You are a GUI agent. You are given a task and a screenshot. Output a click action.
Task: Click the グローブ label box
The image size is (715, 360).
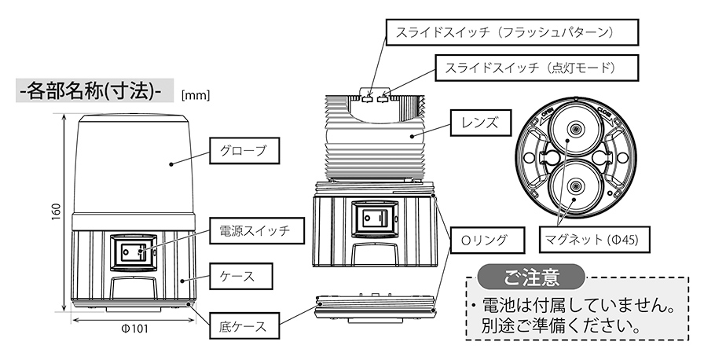pos(244,149)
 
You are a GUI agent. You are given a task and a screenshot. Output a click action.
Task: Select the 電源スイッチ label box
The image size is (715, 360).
pos(251,231)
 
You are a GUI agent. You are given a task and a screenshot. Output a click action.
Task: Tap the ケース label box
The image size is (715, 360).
pos(243,276)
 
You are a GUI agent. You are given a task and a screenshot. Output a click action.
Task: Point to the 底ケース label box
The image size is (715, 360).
pos(244,325)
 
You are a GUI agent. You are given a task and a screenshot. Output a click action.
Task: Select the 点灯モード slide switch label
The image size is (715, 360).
pos(526,68)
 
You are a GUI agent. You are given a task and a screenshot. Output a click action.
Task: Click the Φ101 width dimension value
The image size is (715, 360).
pos(134,329)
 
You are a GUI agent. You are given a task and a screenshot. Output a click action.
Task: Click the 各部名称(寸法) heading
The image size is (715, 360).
pos(89,90)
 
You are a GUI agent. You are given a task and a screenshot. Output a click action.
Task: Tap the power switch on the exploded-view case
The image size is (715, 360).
pos(372,218)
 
